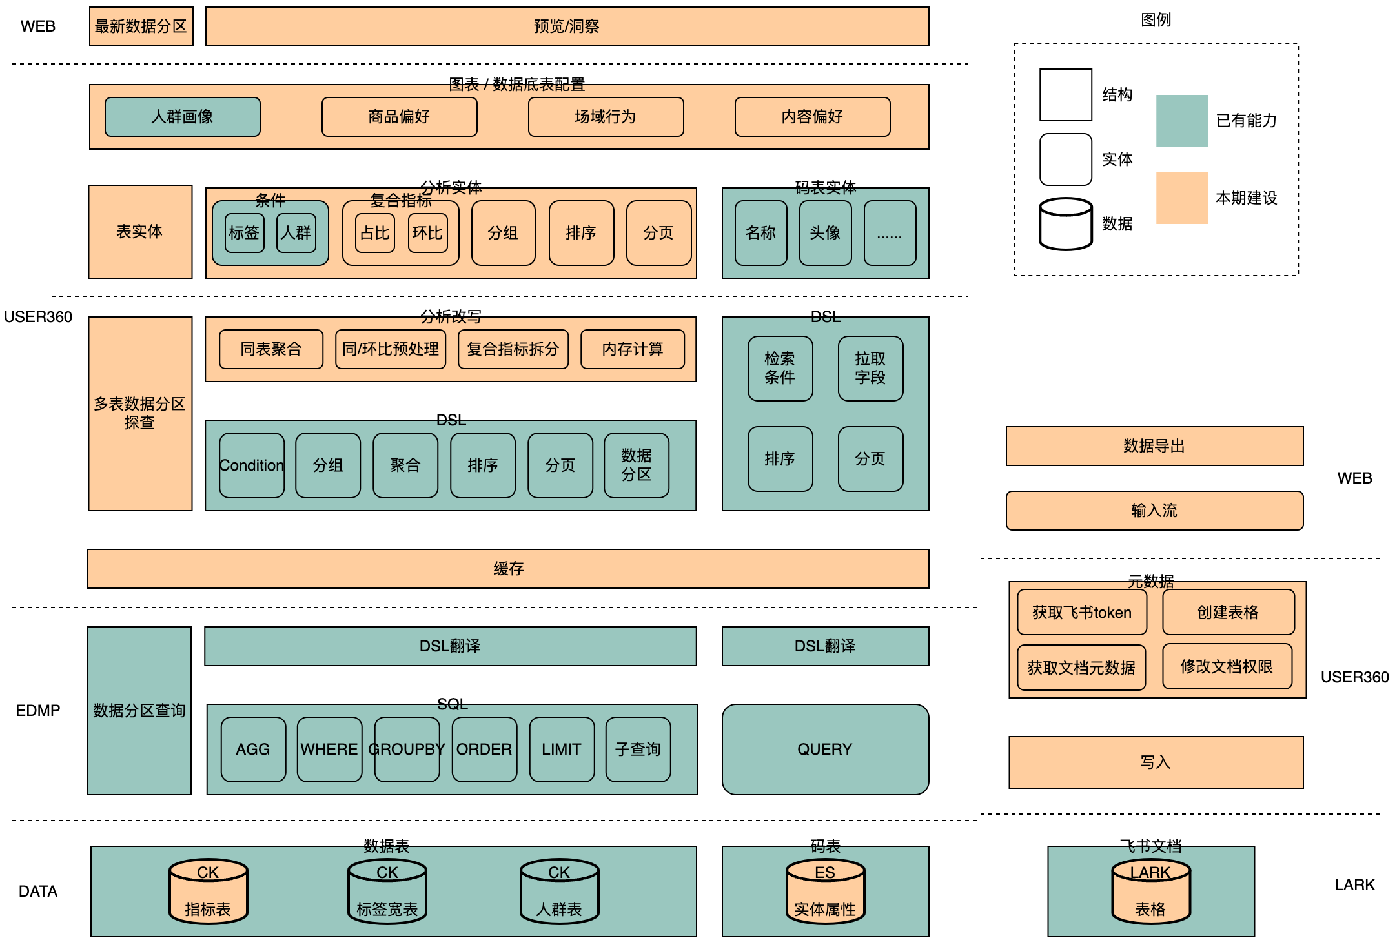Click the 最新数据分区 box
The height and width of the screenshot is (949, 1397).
(x=141, y=26)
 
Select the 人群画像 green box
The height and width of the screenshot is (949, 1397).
(x=182, y=117)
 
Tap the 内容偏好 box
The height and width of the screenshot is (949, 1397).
(x=812, y=117)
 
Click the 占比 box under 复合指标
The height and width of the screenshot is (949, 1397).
(x=374, y=233)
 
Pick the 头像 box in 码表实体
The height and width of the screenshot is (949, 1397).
(x=825, y=233)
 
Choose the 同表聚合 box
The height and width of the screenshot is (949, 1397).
(x=271, y=349)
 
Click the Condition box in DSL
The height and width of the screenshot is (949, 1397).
(x=252, y=465)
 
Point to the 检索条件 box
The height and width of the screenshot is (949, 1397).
(x=780, y=369)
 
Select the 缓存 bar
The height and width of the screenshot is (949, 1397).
(x=508, y=569)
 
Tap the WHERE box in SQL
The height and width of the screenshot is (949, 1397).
(x=329, y=750)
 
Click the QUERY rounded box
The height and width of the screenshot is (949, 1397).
(x=825, y=750)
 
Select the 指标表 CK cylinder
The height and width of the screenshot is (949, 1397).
(x=208, y=892)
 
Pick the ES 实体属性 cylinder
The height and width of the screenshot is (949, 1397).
(x=825, y=892)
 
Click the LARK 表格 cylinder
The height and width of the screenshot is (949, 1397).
(x=1150, y=892)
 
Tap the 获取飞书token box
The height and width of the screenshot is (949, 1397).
(x=1082, y=612)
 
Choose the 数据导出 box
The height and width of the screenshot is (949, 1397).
(x=1154, y=446)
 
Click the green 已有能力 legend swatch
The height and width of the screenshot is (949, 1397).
(x=1181, y=121)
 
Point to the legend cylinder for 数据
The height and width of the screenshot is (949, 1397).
(x=1065, y=224)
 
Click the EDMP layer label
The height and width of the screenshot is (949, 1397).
(x=38, y=711)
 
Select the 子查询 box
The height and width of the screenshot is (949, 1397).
(x=638, y=750)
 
